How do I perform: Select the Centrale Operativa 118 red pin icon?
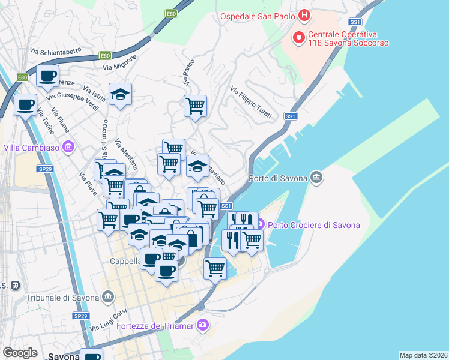pyautogui.click(x=298, y=39)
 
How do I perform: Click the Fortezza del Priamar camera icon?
pyautogui.click(x=203, y=325)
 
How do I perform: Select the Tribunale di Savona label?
pyautogui.click(x=63, y=297)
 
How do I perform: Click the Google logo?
pyautogui.click(x=20, y=353)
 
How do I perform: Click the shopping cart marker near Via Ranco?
pyautogui.click(x=195, y=106)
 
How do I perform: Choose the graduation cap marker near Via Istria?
pyautogui.click(x=120, y=94)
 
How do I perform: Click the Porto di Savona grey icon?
pyautogui.click(x=316, y=178)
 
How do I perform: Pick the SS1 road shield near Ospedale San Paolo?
pyautogui.click(x=355, y=22)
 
